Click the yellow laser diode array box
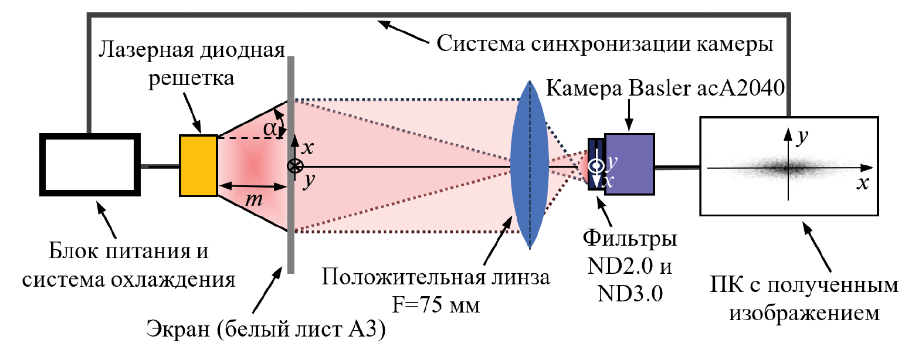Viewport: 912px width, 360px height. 198,165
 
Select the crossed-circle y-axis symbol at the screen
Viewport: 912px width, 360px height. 292,166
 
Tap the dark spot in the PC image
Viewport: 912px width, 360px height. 786,168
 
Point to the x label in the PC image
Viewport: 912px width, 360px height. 862,182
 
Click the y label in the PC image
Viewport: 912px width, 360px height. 801,135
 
